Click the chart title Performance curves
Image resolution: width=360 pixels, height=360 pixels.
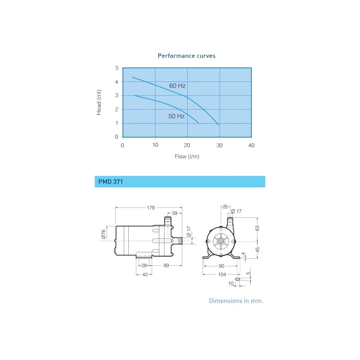[x=186, y=56]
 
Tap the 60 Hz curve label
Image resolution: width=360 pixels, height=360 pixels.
[x=177, y=85]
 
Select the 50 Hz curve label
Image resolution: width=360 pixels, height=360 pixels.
[x=176, y=116]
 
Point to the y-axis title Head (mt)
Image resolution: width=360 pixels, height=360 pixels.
[x=99, y=103]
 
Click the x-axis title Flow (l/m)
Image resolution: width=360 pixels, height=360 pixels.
[x=187, y=157]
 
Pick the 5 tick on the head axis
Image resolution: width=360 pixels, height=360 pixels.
[x=117, y=68]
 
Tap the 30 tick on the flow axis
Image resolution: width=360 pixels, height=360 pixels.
[x=219, y=145]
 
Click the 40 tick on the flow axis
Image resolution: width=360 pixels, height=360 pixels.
[x=251, y=145]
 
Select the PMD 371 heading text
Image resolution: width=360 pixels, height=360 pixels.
[x=110, y=182]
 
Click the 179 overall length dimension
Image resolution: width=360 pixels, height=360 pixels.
[x=151, y=208]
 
